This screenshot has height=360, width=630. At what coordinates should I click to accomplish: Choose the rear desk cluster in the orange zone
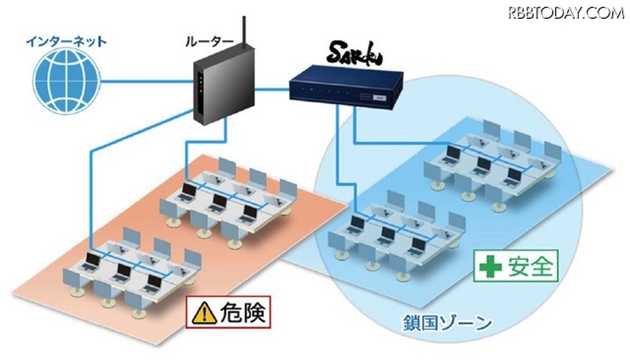[228, 198]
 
